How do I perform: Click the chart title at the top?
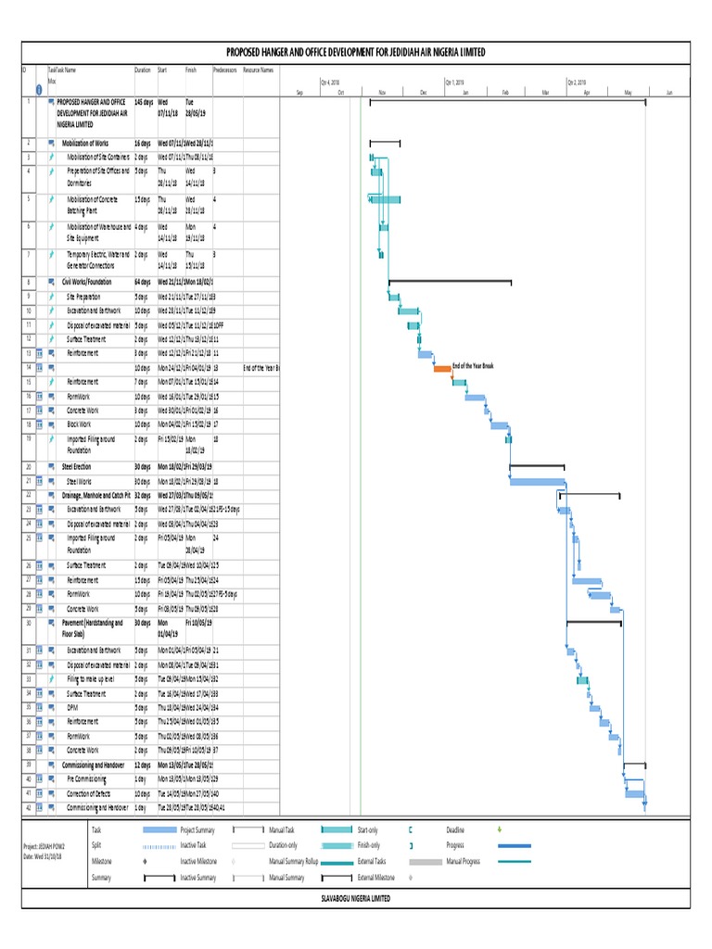click(x=356, y=52)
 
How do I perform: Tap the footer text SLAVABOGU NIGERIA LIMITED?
click(x=356, y=898)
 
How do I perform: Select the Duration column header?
click(x=142, y=70)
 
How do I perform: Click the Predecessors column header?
click(x=224, y=70)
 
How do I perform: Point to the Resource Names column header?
click(x=258, y=70)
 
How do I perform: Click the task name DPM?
click(x=72, y=707)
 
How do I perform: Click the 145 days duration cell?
click(x=144, y=101)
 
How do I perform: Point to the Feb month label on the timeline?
click(x=506, y=93)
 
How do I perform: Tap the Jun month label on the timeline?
click(x=668, y=93)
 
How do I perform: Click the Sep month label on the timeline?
click(x=299, y=93)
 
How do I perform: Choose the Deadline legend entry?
click(x=454, y=829)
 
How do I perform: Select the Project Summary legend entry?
click(x=197, y=829)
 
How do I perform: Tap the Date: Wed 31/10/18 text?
click(x=44, y=855)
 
